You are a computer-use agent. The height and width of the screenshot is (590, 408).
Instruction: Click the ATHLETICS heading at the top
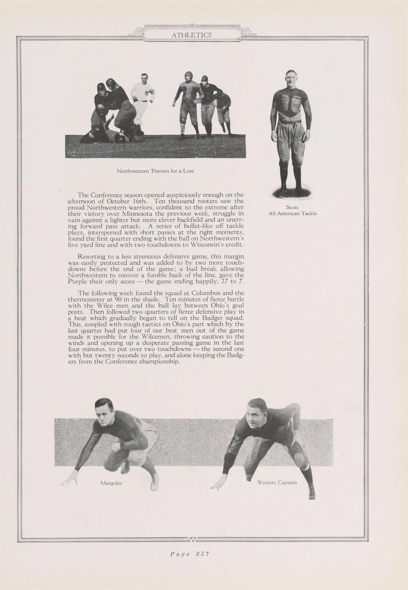point(192,35)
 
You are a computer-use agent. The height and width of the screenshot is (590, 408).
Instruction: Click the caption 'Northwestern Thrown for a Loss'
point(155,171)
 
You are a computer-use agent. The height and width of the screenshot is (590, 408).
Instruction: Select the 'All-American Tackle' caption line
point(292,213)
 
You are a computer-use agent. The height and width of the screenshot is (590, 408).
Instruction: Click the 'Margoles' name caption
point(111,483)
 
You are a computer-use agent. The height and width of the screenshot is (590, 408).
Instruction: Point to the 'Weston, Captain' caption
point(277,482)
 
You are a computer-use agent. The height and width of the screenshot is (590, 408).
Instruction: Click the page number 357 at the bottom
point(189,554)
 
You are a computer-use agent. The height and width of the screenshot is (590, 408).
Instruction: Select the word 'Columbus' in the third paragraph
point(206,293)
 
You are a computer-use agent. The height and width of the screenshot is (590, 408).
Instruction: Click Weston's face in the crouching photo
point(255,412)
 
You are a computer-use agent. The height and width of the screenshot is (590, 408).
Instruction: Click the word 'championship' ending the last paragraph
point(160,362)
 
